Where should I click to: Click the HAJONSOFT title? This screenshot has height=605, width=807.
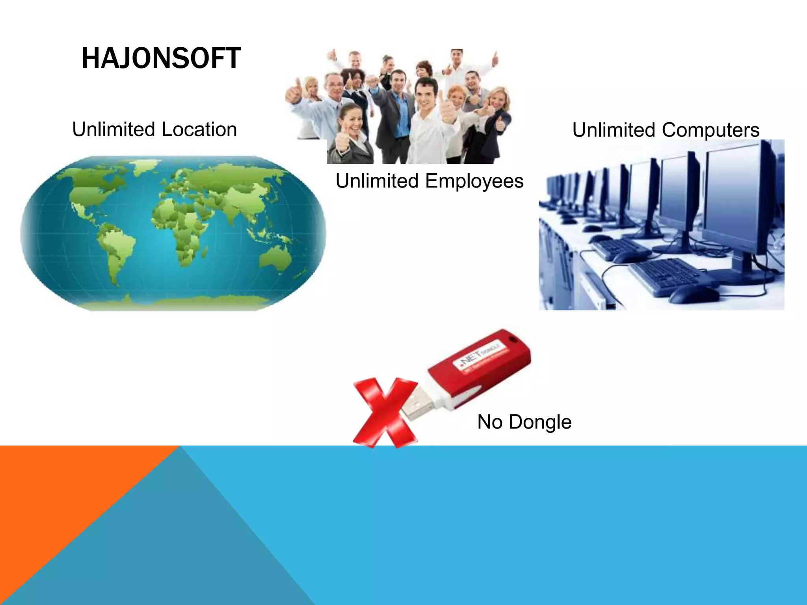pyautogui.click(x=161, y=58)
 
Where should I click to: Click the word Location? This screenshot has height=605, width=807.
pyautogui.click(x=199, y=130)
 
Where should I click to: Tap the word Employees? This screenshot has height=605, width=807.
pyautogui.click(x=474, y=181)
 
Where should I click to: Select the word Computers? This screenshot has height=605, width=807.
pyautogui.click(x=710, y=130)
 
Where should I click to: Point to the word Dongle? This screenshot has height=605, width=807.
pyautogui.click(x=540, y=422)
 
